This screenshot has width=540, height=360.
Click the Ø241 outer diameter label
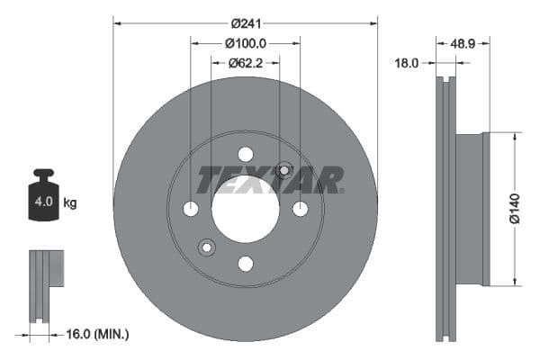tap(246, 22)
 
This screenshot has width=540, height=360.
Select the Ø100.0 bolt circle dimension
tap(246, 42)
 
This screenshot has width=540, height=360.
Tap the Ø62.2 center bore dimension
tap(245, 63)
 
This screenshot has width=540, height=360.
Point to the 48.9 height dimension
tap(463, 42)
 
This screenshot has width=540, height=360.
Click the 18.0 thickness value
tap(408, 63)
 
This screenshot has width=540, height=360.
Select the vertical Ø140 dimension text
tap(514, 209)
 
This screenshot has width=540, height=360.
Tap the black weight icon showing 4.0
tap(43, 196)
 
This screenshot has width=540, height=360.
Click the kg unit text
tap(70, 203)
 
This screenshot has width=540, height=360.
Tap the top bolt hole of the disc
tap(245, 154)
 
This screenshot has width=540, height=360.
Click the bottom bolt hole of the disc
tap(245, 264)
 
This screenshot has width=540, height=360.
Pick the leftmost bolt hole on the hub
tap(191, 209)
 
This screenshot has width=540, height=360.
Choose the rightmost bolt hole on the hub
tap(300, 209)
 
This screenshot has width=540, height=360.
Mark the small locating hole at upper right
tap(284, 169)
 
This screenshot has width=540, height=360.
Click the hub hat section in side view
tap(471, 209)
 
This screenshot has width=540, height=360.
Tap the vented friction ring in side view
tap(445, 209)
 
